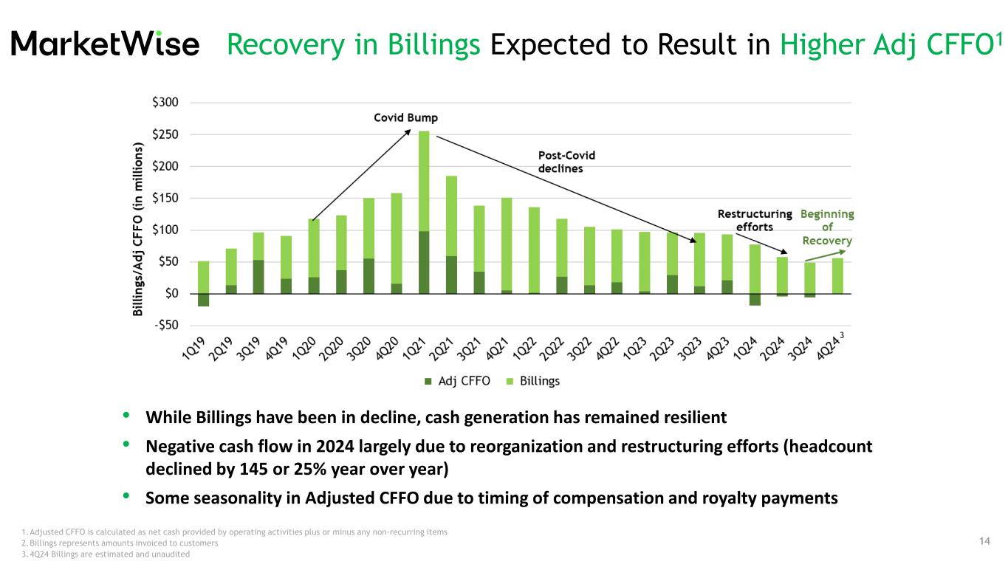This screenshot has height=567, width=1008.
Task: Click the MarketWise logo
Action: [106, 44]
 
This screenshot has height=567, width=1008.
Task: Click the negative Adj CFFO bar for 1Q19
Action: [203, 300]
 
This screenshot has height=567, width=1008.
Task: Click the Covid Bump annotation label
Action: [404, 118]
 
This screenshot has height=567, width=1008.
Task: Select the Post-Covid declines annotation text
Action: [566, 162]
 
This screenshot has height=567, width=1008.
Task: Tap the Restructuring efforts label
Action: [755, 220]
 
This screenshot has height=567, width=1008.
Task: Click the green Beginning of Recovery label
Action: [827, 227]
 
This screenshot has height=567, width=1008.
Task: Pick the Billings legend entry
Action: [539, 381]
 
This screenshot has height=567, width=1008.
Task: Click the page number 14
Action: [984, 542]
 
